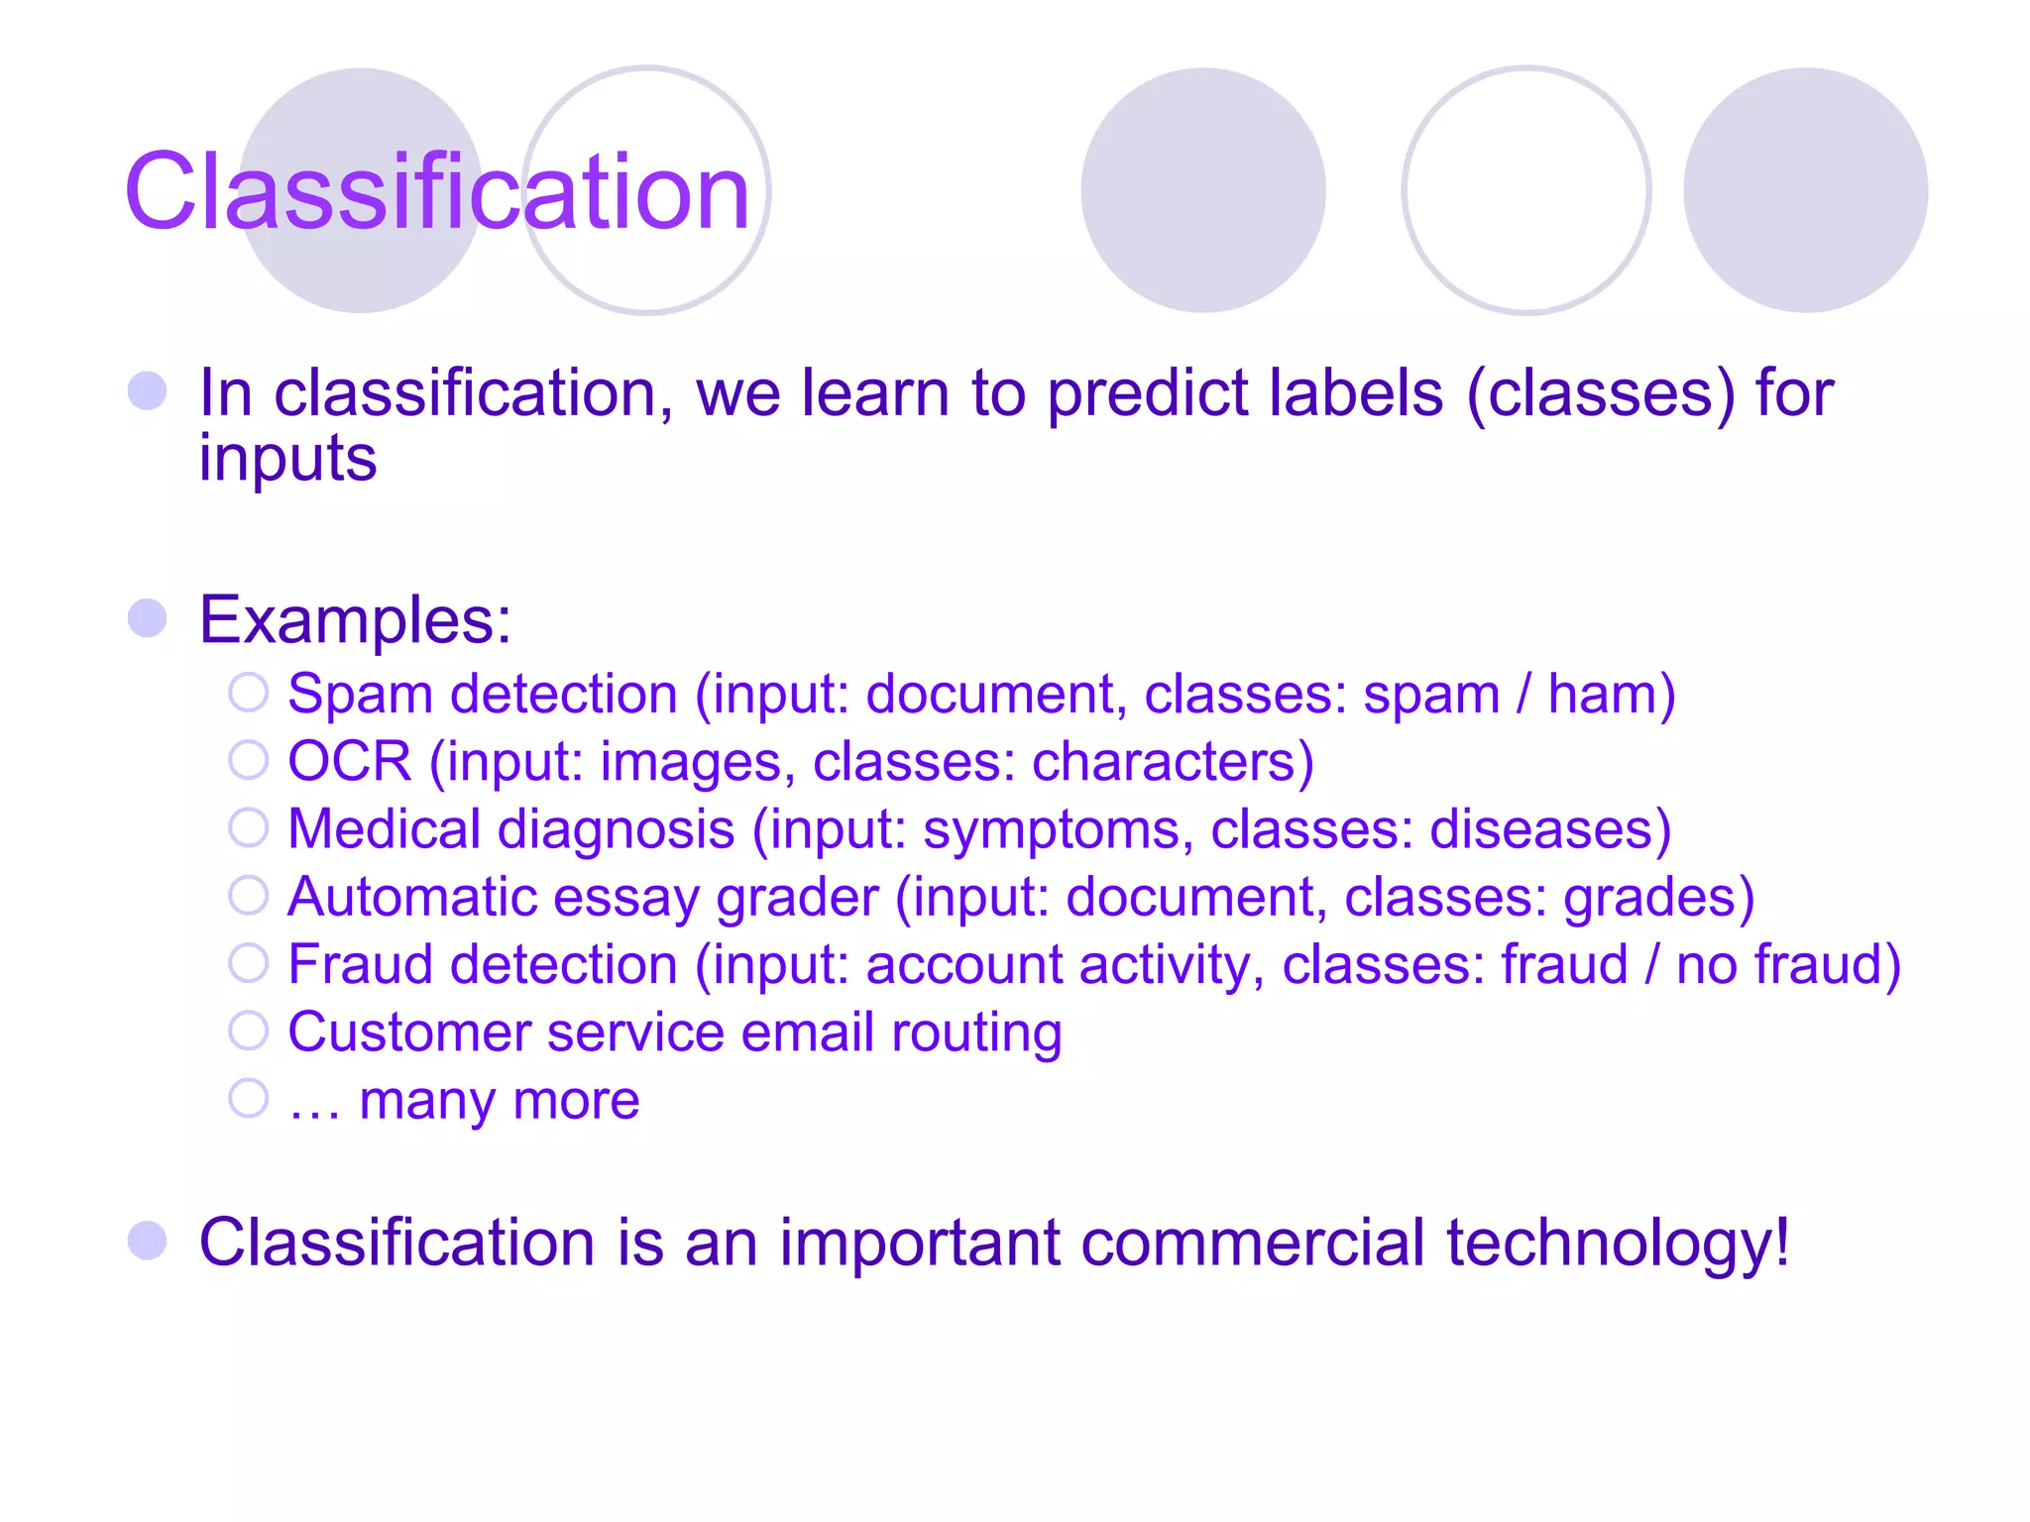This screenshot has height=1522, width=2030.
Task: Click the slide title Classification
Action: point(436,191)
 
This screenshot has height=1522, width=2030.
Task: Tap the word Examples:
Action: point(355,620)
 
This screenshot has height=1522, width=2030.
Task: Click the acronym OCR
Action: point(349,762)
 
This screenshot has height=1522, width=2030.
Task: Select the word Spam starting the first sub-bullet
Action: point(360,695)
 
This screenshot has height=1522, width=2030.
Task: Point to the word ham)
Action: point(1612,694)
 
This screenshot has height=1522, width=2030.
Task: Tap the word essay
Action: point(626,898)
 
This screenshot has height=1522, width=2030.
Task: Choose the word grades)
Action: point(1658,898)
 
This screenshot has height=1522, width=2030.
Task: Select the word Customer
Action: point(408,1033)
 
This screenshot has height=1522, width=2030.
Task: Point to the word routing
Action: point(976,1034)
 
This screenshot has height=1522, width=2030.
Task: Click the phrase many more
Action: point(499,1101)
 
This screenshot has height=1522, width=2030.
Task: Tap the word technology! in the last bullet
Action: point(1618,1243)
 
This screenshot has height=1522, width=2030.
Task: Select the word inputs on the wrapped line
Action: point(287,459)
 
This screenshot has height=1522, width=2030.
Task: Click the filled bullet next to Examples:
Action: point(148,618)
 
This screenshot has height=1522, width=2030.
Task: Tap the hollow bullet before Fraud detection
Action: point(248,963)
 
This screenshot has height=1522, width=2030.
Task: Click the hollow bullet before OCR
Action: point(248,760)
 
